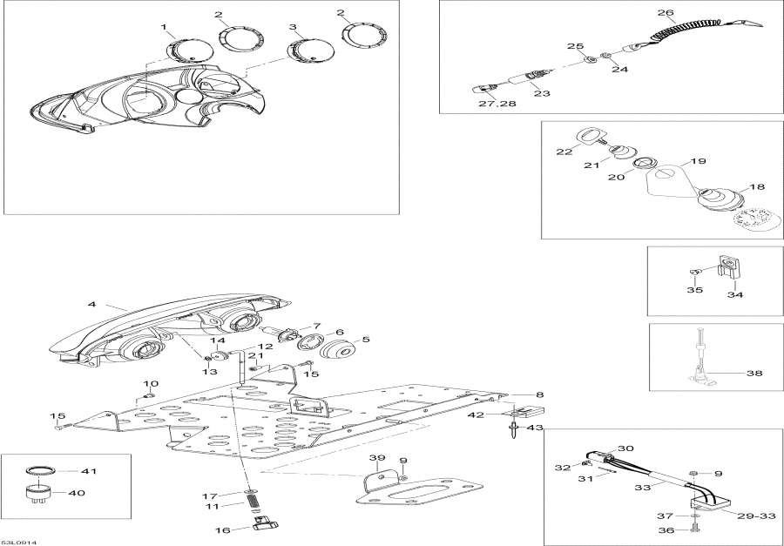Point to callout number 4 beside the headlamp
click(91, 306)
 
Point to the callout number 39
click(375, 458)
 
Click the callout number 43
click(533, 427)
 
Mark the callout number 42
click(498, 415)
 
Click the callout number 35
click(693, 291)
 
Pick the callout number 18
click(756, 186)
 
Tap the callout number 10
click(151, 383)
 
